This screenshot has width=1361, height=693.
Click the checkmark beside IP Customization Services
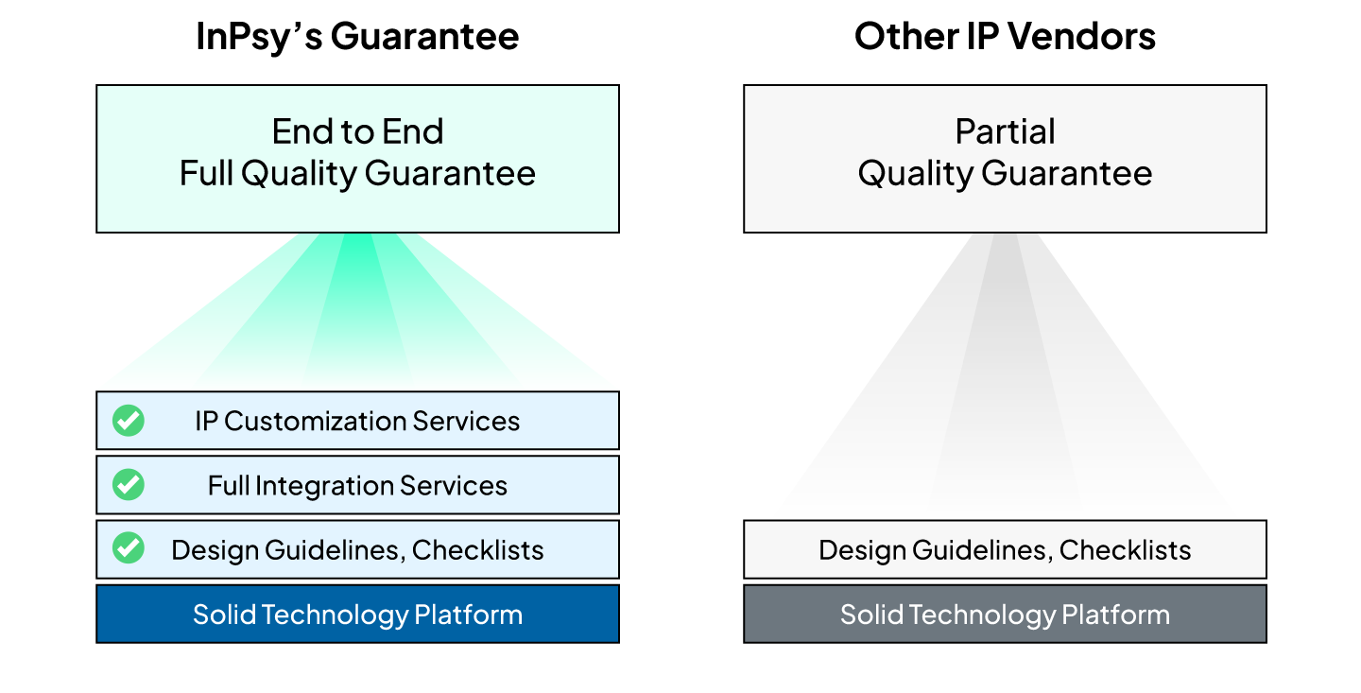pos(129,421)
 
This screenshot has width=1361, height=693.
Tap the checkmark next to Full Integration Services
pos(129,485)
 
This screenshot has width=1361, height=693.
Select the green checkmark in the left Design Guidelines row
pos(129,549)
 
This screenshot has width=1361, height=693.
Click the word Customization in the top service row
pos(312,421)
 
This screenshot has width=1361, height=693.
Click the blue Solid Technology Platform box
pos(357,615)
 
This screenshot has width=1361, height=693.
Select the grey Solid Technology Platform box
pos(1005,615)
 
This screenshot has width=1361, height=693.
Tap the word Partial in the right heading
pos(1005,131)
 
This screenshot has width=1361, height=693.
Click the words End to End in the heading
pos(357,131)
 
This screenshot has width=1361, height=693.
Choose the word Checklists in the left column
pos(477,550)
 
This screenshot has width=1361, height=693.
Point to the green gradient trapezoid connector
pos(357,312)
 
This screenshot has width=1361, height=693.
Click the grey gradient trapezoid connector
pos(1005,378)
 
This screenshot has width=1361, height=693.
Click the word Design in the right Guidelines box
pos(854,550)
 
